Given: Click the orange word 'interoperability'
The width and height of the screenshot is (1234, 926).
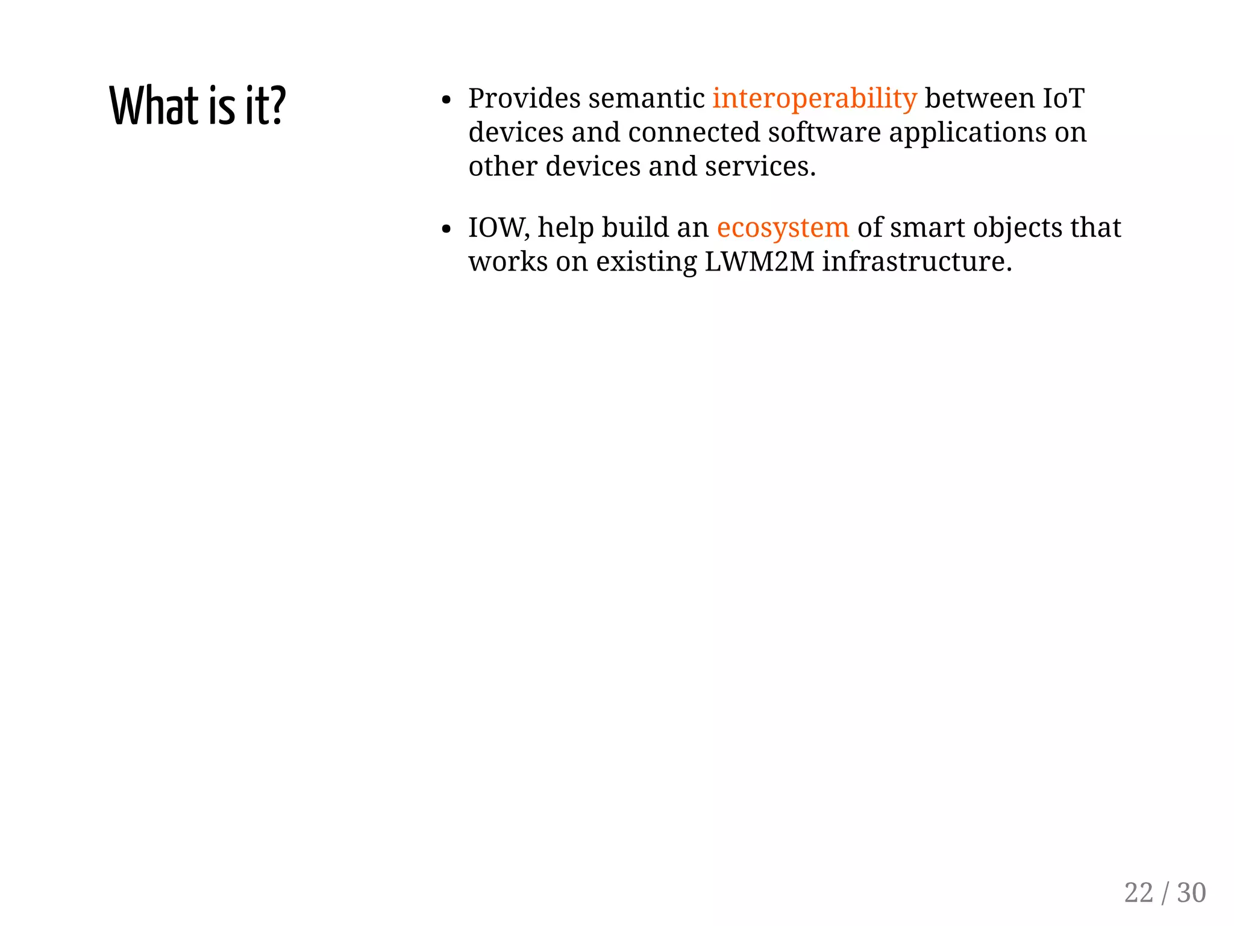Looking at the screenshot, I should tap(815, 99).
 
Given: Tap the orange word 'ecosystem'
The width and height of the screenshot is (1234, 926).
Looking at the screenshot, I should tap(783, 228).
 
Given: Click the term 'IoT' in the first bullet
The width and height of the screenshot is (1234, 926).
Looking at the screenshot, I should tap(1063, 99).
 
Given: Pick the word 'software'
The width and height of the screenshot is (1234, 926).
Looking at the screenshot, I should tap(824, 133).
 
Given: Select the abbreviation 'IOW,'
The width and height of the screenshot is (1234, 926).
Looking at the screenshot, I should tap(499, 228).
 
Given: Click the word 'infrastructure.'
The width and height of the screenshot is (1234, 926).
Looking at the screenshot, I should tap(917, 261).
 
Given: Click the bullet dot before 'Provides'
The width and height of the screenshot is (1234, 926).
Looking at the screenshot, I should tap(446, 100).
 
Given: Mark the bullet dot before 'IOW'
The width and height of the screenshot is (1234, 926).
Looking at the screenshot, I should tap(446, 229).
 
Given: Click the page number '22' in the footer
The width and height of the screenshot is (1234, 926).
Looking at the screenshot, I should tap(1138, 892).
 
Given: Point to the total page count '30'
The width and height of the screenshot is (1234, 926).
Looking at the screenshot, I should tap(1191, 892).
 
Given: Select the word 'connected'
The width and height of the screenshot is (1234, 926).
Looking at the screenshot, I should tap(694, 133).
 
